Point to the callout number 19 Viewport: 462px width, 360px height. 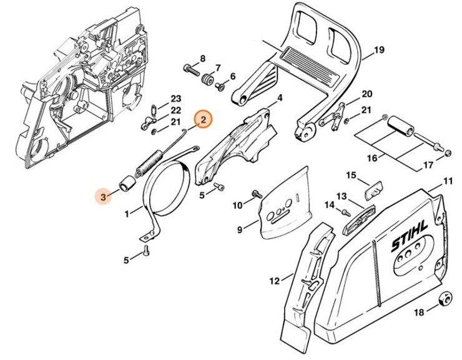tap(379, 51)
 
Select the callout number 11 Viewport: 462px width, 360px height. tap(448, 182)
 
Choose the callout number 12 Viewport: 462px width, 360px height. tap(274, 281)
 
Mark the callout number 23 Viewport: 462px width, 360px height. tap(175, 99)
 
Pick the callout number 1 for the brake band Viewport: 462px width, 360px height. tap(128, 214)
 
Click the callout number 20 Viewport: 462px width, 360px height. tap(366, 94)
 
